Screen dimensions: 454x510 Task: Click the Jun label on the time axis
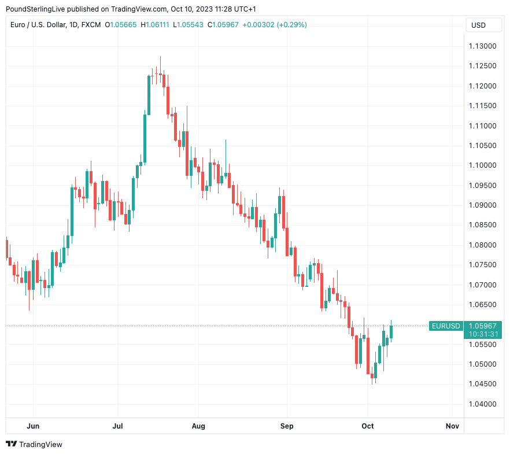[33, 426]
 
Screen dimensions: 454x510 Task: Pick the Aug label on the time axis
[198, 426]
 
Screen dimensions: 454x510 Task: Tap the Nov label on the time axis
[452, 426]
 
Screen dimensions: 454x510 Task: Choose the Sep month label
[287, 426]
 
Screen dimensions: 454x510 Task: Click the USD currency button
[479, 25]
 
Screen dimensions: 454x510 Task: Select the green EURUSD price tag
[445, 326]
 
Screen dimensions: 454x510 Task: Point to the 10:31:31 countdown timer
[484, 334]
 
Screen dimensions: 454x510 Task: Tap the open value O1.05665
[121, 25]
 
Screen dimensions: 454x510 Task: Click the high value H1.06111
[155, 25]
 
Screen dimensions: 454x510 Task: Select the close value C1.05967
[223, 25]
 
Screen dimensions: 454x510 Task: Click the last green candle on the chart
[391, 331]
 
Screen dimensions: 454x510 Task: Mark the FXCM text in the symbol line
[91, 25]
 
